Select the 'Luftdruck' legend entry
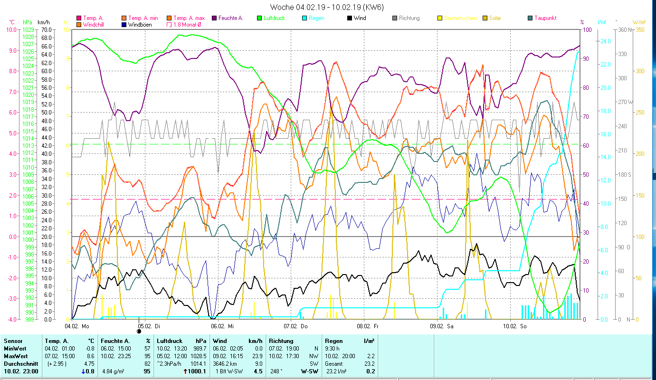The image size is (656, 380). point(273,18)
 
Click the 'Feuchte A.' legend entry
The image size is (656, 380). point(230,18)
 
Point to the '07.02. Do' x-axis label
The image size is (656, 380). point(295,326)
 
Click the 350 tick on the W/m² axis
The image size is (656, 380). point(639,29)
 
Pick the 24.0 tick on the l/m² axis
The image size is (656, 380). point(605,41)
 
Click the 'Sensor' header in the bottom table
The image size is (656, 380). point(12,341)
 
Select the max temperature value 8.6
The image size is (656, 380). point(91,356)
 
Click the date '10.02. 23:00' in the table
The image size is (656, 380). point(21,371)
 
